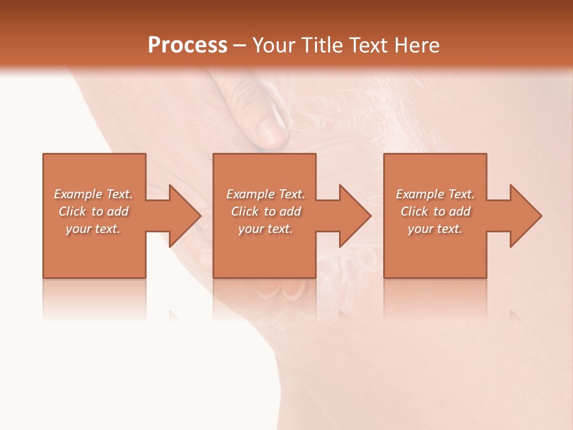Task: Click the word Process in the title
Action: point(187,45)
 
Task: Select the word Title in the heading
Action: point(322,45)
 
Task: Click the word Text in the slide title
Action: point(368,45)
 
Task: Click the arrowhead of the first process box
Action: point(185,216)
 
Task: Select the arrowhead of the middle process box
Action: point(356,216)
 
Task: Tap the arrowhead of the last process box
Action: point(526,216)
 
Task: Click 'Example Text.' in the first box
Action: point(93,194)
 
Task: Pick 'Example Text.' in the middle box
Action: point(266,194)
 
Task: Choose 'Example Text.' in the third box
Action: point(435,194)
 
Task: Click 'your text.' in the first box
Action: point(93,229)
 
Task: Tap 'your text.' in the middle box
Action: point(266,229)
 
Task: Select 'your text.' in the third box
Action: point(435,229)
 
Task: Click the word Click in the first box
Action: point(72,211)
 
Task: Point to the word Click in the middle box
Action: point(245,211)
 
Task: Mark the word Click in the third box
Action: point(414,211)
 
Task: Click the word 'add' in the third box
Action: point(460,211)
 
